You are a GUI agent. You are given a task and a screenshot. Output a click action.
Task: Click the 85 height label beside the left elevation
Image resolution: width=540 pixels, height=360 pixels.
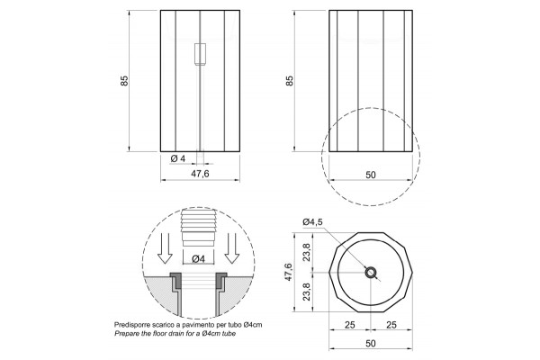click(124, 81)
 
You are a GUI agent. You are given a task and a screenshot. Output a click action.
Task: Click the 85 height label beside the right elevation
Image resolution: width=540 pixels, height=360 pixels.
click(289, 81)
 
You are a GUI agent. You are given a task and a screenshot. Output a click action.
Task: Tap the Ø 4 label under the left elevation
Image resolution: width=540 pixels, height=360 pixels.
click(178, 158)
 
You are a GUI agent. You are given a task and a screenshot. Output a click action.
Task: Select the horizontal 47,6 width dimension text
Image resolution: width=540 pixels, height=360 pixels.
click(200, 174)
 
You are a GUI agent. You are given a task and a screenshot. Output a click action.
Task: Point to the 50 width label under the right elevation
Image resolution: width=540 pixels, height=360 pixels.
click(371, 175)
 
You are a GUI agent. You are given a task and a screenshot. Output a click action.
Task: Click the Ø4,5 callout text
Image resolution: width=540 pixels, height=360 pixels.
click(312, 222)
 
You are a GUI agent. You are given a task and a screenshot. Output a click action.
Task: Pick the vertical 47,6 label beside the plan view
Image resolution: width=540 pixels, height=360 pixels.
click(289, 272)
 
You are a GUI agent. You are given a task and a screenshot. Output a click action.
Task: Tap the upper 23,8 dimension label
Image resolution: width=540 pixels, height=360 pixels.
click(307, 252)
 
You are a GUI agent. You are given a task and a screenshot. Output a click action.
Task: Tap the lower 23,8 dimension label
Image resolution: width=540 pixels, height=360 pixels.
click(307, 292)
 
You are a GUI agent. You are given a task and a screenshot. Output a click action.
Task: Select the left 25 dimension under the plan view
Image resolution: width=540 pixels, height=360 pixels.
click(349, 325)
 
